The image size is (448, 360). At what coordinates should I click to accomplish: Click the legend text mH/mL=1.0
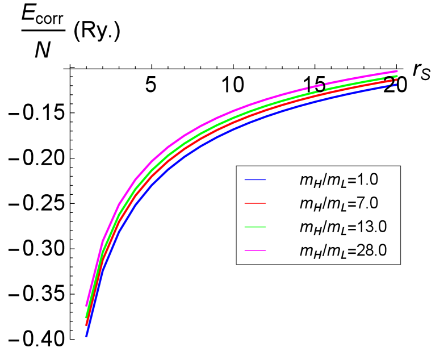pyautogui.click(x=338, y=180)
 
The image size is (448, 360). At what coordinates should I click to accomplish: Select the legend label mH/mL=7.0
pyautogui.click(x=338, y=203)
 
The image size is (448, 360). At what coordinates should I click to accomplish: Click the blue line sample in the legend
pyautogui.click(x=256, y=180)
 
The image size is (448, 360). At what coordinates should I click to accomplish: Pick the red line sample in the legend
pyautogui.click(x=256, y=203)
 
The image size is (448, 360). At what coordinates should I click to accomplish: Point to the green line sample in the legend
pyautogui.click(x=256, y=226)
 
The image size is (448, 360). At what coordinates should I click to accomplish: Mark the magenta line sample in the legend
pyautogui.click(x=256, y=249)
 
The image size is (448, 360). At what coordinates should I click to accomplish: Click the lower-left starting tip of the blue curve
pyautogui.click(x=86, y=336)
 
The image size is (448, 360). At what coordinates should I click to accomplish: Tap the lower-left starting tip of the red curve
pyautogui.click(x=86, y=325)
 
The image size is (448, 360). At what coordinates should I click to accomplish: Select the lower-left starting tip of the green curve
pyautogui.click(x=86, y=317)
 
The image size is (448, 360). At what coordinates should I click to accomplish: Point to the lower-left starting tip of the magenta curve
pyautogui.click(x=86, y=305)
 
